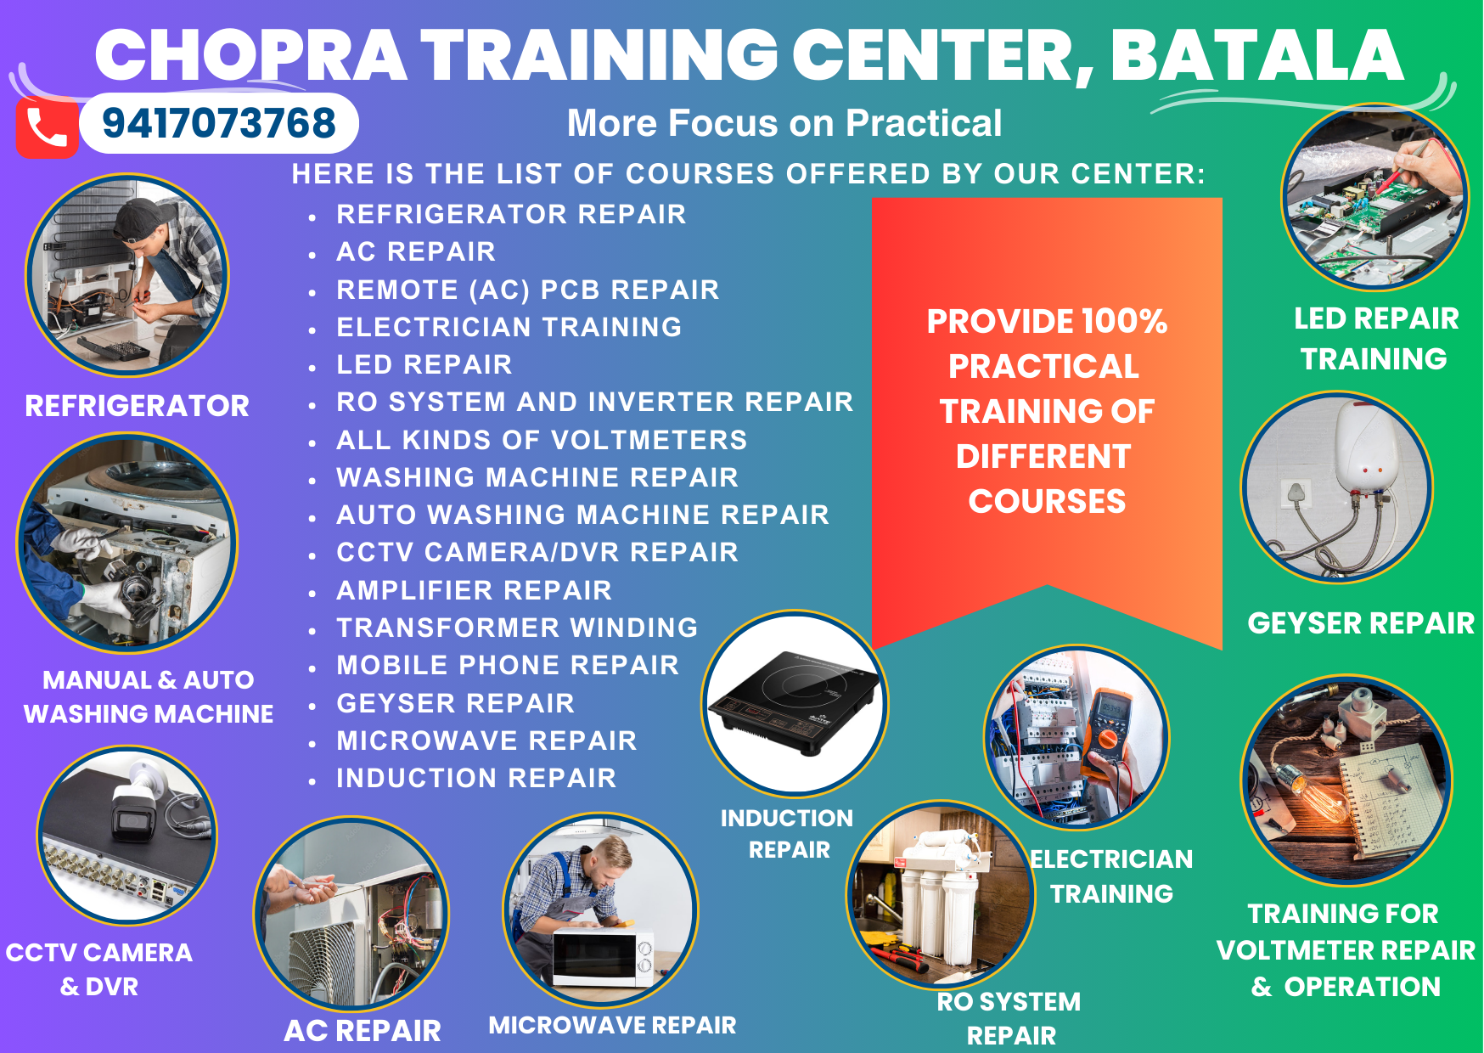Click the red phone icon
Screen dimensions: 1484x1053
pos(48,127)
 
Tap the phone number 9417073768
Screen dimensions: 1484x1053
pos(219,123)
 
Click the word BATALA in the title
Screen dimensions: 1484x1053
pos(1256,55)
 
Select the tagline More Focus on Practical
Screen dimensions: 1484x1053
pos(784,123)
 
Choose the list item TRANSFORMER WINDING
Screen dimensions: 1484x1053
pos(517,628)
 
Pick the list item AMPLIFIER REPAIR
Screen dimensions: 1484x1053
pos(474,590)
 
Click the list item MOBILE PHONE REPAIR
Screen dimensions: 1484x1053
pos(508,665)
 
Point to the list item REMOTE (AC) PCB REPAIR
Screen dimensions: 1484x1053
pos(527,290)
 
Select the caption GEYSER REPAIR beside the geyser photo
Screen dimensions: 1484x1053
pos(1361,623)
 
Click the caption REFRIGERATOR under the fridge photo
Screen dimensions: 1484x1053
pos(137,406)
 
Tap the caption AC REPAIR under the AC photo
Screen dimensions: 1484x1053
pos(363,1030)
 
